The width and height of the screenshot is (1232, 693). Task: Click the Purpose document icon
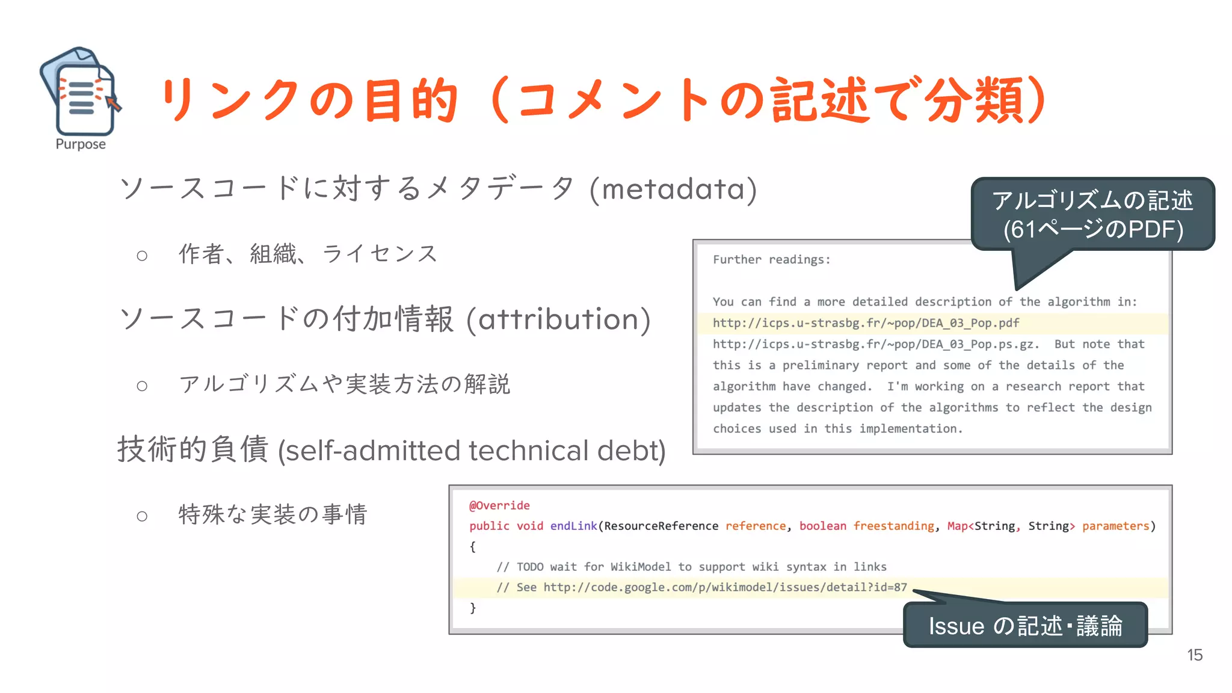pyautogui.click(x=80, y=91)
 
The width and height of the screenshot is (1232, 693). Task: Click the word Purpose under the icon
pyautogui.click(x=81, y=144)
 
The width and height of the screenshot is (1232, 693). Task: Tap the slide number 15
pyautogui.click(x=1195, y=655)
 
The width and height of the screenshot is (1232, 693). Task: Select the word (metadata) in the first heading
pyautogui.click(x=673, y=189)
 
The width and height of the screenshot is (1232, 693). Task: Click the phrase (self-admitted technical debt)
pyautogui.click(x=472, y=451)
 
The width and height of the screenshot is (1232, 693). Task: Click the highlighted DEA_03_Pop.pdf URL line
pyautogui.click(x=866, y=323)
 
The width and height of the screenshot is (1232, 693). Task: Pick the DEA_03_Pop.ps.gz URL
pyautogui.click(x=875, y=344)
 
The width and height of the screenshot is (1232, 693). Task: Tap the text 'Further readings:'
pyautogui.click(x=771, y=260)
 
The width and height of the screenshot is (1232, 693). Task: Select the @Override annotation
pyautogui.click(x=499, y=505)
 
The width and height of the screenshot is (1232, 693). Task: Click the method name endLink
pyautogui.click(x=573, y=526)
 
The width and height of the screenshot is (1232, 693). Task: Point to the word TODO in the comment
pyautogui.click(x=530, y=567)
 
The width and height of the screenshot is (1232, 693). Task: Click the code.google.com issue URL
pyautogui.click(x=725, y=587)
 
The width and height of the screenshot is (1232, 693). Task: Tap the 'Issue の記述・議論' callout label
pyautogui.click(x=1025, y=626)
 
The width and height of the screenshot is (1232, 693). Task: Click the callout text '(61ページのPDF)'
pyautogui.click(x=1093, y=229)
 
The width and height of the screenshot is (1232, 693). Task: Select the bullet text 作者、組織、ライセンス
pyautogui.click(x=308, y=254)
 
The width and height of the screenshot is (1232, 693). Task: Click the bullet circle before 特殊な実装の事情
pyautogui.click(x=142, y=516)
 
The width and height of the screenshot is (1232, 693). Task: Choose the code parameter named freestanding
pyautogui.click(x=893, y=526)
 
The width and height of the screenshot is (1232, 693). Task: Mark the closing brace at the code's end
pyautogui.click(x=473, y=608)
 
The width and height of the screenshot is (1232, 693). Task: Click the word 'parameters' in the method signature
pyautogui.click(x=1115, y=526)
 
